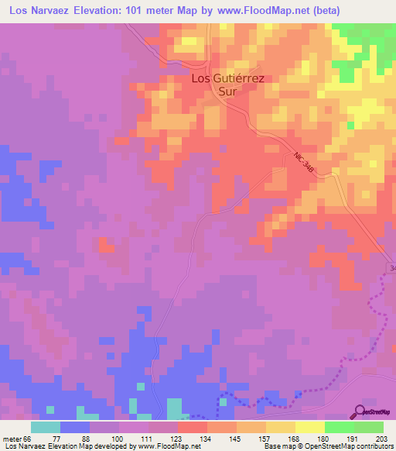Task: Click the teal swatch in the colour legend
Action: coord(46,427)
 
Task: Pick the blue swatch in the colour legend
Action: coord(75,427)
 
